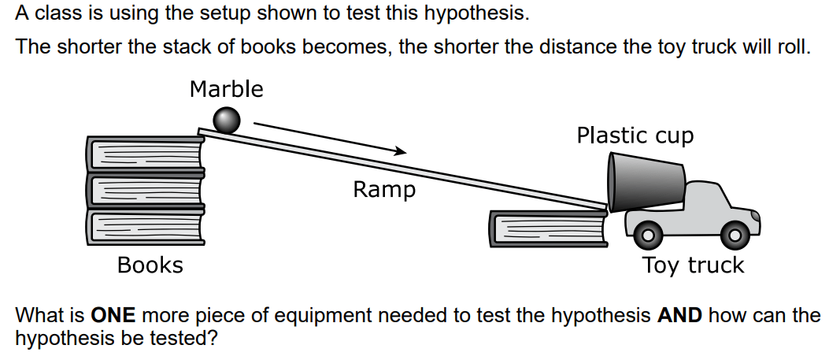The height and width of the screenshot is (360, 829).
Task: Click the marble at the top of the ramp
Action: point(226,120)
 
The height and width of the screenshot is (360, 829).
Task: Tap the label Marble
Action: point(226,89)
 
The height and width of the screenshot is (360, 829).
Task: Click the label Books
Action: point(150,265)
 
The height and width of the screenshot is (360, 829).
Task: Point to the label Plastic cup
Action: point(635,135)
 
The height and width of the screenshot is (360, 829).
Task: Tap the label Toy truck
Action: point(693,265)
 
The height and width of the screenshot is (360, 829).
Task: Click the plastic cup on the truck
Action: point(646,183)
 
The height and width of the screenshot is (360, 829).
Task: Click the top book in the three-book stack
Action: point(146,154)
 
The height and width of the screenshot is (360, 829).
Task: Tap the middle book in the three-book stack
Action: point(146,191)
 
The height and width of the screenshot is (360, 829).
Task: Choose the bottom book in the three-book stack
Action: point(146,228)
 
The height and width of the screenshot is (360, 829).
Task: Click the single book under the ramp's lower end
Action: point(549,229)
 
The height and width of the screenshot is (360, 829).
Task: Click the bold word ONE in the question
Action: point(113,316)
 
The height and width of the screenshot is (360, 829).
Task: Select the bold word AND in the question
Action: point(680,316)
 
